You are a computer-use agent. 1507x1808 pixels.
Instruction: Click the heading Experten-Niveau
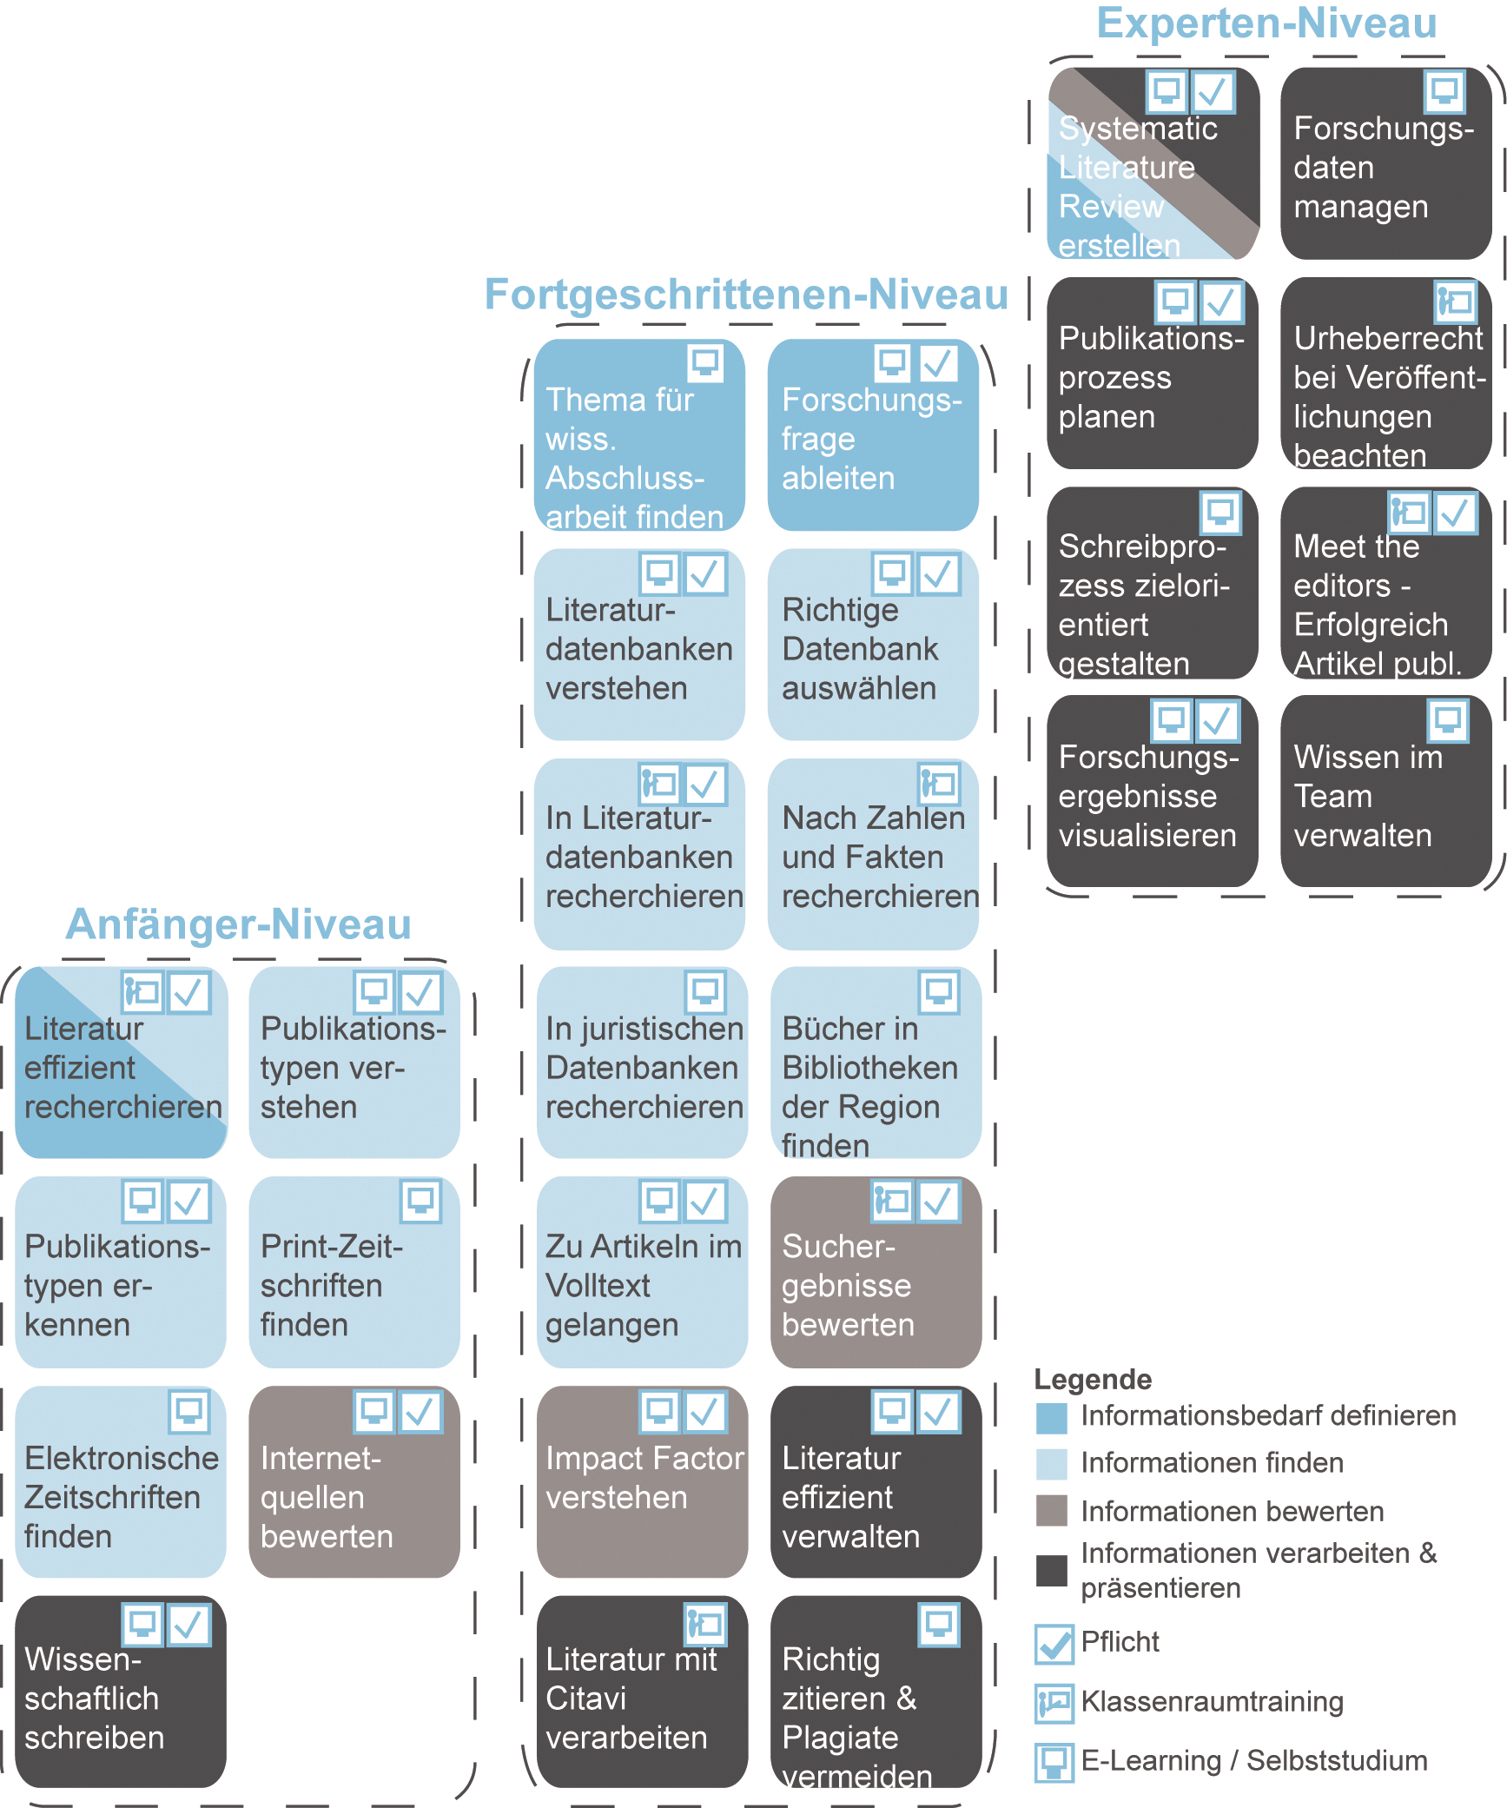pyautogui.click(x=1266, y=23)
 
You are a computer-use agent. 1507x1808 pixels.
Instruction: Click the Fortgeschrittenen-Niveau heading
pyautogui.click(x=746, y=295)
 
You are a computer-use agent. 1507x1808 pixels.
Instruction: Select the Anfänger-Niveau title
pyautogui.click(x=238, y=924)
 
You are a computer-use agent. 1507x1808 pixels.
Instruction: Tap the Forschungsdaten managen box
pyautogui.click(x=1385, y=163)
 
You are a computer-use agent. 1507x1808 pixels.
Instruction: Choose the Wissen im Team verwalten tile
pyautogui.click(x=1385, y=791)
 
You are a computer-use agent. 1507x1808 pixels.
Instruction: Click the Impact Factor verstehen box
pyautogui.click(x=642, y=1481)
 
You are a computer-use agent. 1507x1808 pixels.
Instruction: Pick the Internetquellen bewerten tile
pyautogui.click(x=354, y=1481)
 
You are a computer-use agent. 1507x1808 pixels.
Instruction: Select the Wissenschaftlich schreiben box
pyautogui.click(x=121, y=1691)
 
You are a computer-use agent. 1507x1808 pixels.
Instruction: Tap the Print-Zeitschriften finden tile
pyautogui.click(x=354, y=1272)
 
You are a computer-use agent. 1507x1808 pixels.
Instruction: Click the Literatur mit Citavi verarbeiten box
pyautogui.click(x=642, y=1691)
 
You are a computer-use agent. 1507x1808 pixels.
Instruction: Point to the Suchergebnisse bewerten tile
pyautogui.click(x=876, y=1272)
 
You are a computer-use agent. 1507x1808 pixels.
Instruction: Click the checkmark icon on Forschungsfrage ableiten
pyautogui.click(x=938, y=363)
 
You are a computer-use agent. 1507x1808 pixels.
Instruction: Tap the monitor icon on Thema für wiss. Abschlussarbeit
pyautogui.click(x=705, y=363)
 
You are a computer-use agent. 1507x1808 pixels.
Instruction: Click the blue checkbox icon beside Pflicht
pyautogui.click(x=1054, y=1643)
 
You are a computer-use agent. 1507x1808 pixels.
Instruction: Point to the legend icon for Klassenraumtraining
pyautogui.click(x=1054, y=1703)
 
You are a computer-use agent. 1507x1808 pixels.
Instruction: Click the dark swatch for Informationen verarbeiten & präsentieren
pyautogui.click(x=1052, y=1570)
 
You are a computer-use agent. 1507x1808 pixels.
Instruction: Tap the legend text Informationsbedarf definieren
pyautogui.click(x=1268, y=1415)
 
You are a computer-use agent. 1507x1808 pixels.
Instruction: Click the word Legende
pyautogui.click(x=1093, y=1379)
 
